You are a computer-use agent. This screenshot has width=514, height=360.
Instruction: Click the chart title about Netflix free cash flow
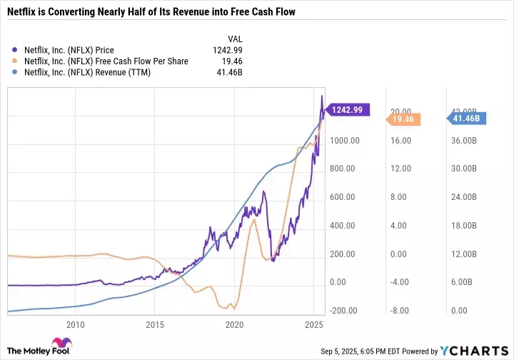(x=151, y=12)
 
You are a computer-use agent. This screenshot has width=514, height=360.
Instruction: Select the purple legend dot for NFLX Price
(x=16, y=50)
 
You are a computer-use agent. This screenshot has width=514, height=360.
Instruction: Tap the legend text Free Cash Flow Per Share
(x=106, y=61)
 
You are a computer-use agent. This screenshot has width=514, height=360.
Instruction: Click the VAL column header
(x=233, y=39)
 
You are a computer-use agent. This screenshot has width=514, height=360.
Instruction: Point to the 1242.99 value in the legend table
(x=227, y=50)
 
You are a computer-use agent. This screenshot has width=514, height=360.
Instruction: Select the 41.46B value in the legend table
(x=228, y=73)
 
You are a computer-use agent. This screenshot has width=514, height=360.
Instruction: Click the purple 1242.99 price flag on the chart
(x=348, y=109)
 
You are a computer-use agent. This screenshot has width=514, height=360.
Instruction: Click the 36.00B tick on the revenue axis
(x=462, y=140)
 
